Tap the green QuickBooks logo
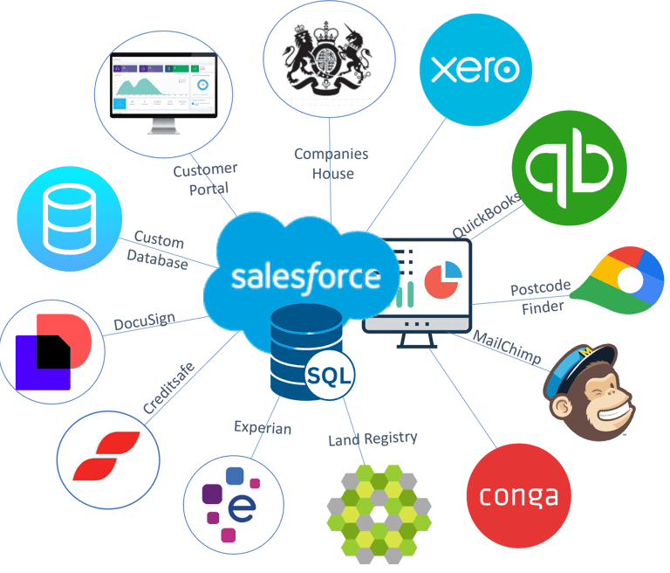click(568, 170)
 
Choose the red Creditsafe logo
click(107, 455)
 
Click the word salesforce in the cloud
click(305, 277)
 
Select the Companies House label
click(331, 163)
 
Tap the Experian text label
click(263, 428)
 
